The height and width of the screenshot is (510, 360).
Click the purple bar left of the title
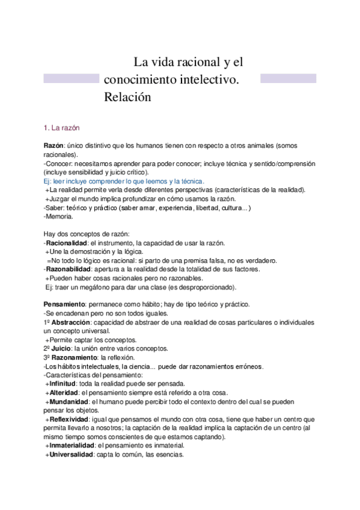pos(71,79)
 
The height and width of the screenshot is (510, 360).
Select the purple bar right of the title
pos(288,79)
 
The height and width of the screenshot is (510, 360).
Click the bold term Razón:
pos(54,146)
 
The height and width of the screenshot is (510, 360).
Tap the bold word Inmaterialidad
pos(75,446)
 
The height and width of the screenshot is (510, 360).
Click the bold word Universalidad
pos(74,455)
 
